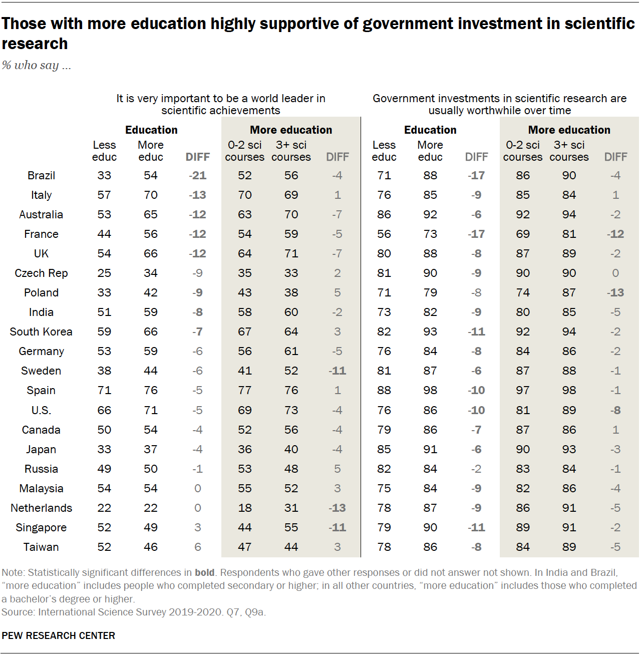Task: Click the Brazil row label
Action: point(41,176)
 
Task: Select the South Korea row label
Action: point(41,332)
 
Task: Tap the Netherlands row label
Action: point(41,508)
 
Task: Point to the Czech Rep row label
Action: point(41,273)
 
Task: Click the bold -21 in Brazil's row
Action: point(197,176)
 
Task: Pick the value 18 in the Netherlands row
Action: point(245,508)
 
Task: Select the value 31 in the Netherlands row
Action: point(291,508)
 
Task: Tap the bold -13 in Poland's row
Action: point(615,293)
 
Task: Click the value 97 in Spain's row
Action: point(523,391)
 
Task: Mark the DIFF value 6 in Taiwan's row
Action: point(198,547)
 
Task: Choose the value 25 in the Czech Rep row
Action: point(104,273)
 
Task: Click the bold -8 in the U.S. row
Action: point(615,411)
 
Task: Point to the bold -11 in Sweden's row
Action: point(337,371)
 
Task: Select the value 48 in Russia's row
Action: point(291,469)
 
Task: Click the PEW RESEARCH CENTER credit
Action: point(59,635)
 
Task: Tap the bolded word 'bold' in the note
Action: point(204,572)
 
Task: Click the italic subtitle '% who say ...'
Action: point(36,65)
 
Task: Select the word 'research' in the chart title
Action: point(35,44)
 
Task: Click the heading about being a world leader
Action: point(221,104)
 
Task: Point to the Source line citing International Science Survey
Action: point(134,612)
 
